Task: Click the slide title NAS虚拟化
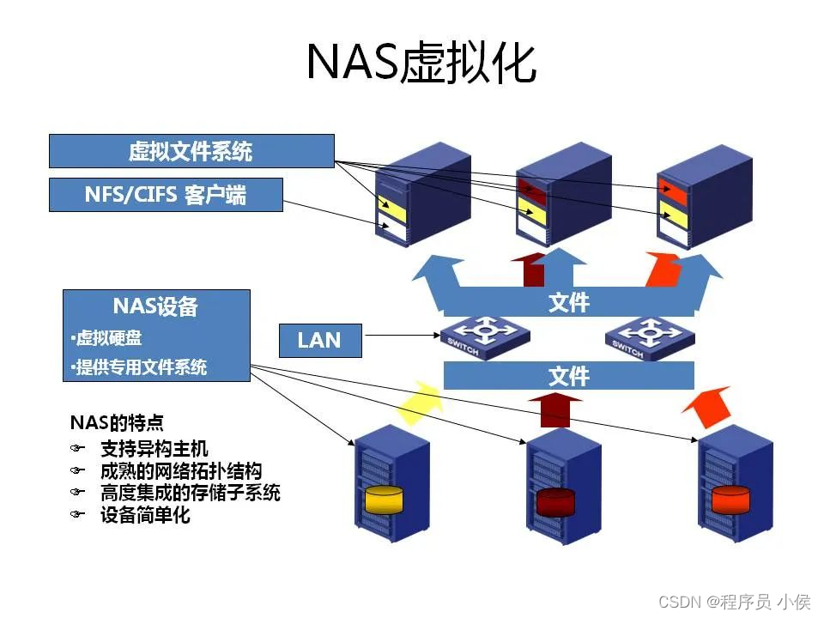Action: pos(421,62)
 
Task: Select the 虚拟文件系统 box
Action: pos(191,151)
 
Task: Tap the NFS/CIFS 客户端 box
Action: pos(166,195)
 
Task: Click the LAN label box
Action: pos(320,340)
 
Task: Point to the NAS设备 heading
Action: pos(155,306)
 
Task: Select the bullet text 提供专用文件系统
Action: pos(139,368)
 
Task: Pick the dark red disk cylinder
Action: pos(554,500)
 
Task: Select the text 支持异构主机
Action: pos(154,448)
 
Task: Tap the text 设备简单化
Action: pos(145,515)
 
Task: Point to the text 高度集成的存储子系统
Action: pos(190,493)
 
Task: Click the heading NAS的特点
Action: pos(117,423)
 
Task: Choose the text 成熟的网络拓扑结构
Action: pos(180,470)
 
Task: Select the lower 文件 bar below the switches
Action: pos(568,376)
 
